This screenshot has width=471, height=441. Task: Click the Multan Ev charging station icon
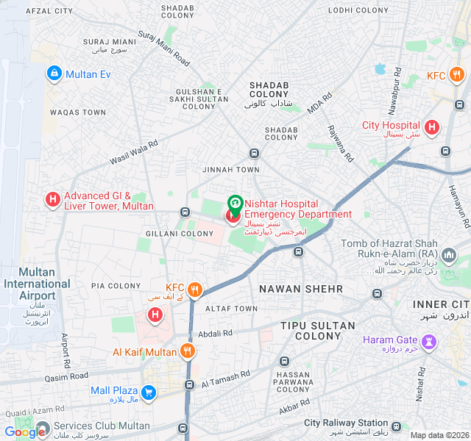54,73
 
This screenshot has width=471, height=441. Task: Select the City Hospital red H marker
431,127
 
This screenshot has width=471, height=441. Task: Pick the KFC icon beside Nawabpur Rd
457,74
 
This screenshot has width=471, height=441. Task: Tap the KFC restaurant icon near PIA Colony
195,289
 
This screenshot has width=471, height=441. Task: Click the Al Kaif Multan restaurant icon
188,351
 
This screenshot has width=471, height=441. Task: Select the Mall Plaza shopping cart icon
149,392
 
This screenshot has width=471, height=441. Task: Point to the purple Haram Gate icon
428,342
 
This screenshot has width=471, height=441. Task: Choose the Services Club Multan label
102,426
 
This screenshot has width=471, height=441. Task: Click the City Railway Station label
346,423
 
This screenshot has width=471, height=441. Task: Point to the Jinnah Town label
231,170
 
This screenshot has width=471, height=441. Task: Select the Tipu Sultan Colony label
318,331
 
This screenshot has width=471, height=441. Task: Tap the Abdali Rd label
216,333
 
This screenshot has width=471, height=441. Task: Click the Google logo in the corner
24,432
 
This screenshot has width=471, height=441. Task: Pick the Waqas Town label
78,112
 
